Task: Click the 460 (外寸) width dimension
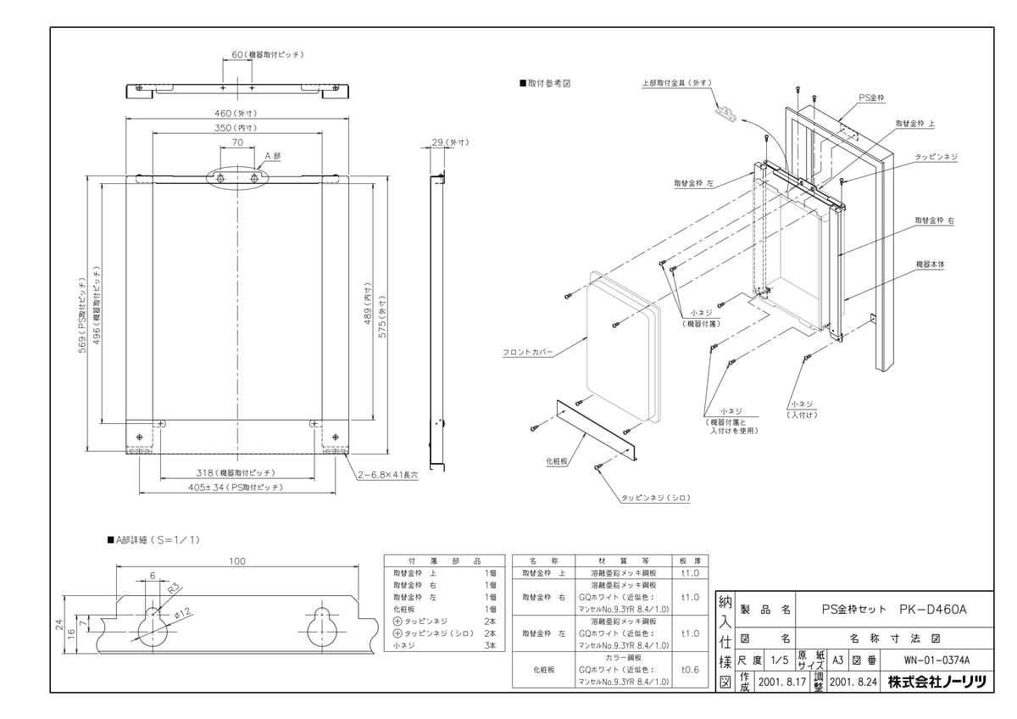[237, 112]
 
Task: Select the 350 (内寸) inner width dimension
[237, 127]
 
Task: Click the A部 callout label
[272, 156]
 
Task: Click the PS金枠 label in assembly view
[871, 98]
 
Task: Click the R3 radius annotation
[175, 587]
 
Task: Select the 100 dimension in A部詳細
[237, 560]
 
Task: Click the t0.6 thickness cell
[690, 668]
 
